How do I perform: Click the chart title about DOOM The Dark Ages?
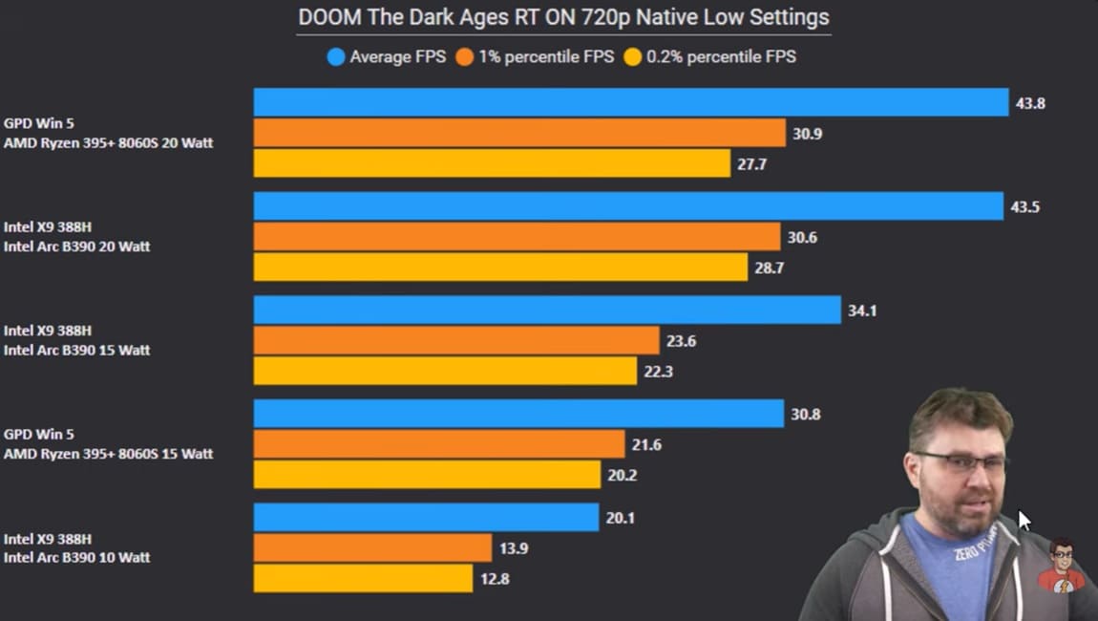click(x=563, y=17)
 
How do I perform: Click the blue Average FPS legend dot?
click(x=335, y=56)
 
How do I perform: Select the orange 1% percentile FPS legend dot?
click(x=465, y=56)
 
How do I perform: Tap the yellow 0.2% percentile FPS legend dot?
click(x=632, y=56)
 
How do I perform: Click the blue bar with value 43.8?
click(x=630, y=102)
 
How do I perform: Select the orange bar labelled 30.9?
click(x=519, y=133)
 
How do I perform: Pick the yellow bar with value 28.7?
click(x=500, y=268)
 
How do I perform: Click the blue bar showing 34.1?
click(x=546, y=310)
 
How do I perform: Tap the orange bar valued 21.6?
click(x=439, y=443)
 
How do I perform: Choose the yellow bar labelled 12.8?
click(x=363, y=578)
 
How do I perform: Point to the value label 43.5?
click(x=1025, y=206)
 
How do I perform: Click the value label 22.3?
click(x=658, y=372)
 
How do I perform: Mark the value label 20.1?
click(x=621, y=518)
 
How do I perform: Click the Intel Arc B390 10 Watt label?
click(x=76, y=557)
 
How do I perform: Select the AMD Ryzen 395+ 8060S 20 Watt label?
click(x=108, y=143)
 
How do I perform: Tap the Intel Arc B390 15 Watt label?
click(x=76, y=350)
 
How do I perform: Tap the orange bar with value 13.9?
click(x=372, y=547)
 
